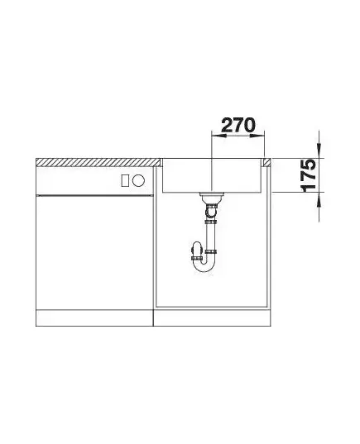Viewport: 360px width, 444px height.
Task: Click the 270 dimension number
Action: coord(238,125)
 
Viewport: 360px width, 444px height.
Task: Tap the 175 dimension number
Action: coord(308,175)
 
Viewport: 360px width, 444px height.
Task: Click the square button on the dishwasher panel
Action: coord(125,180)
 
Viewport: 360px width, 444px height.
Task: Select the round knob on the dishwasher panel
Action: coord(138,180)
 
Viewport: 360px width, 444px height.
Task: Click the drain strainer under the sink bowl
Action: coord(212,196)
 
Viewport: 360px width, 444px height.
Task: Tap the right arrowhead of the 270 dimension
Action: coord(257,136)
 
